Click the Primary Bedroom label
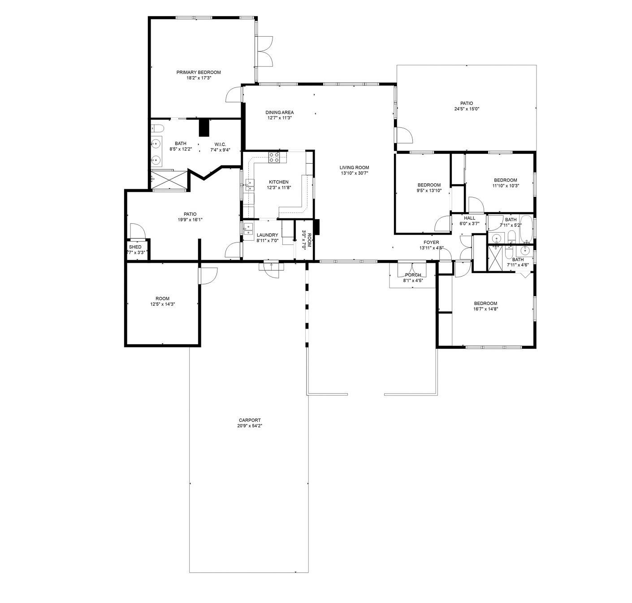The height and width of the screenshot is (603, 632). click(199, 72)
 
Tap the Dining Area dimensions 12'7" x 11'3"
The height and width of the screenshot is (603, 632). click(279, 118)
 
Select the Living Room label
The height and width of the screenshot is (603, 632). click(354, 168)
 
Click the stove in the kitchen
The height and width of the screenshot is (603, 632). click(274, 157)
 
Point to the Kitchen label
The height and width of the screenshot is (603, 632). click(279, 182)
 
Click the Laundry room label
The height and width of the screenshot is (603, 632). click(267, 235)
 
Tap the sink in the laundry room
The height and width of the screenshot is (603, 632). click(248, 229)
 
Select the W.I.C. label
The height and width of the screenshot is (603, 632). click(220, 144)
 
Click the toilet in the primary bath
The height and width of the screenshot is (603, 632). click(157, 128)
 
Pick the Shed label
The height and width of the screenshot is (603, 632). click(135, 247)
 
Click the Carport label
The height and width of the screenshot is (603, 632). click(250, 420)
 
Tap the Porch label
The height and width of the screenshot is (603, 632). click(413, 275)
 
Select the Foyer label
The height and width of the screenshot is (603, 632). click(431, 243)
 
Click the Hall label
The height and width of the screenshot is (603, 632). click(469, 218)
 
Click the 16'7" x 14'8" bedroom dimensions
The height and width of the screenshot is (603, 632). click(485, 309)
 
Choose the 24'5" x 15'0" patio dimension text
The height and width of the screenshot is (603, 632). click(467, 109)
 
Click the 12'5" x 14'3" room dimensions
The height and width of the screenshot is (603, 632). click(162, 304)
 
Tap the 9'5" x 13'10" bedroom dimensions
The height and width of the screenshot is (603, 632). click(429, 191)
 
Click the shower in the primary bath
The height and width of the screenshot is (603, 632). click(169, 180)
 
